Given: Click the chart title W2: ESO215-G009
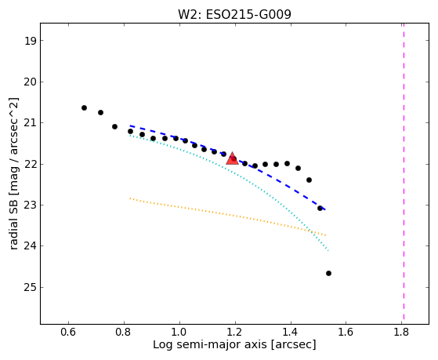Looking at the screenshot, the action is tap(234, 15).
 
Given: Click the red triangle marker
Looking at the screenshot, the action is tap(232, 158).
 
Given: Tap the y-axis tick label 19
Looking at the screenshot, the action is tap(31, 41).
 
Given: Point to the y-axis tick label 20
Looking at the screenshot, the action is tap(31, 82).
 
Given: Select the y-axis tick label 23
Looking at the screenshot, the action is tap(31, 205).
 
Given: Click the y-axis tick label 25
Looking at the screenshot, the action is tap(31, 288).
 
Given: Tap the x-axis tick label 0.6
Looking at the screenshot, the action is tap(68, 332).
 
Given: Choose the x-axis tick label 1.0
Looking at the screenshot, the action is tap(179, 332).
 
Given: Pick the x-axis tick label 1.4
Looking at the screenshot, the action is tap(291, 332).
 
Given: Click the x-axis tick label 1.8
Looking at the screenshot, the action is tap(401, 332).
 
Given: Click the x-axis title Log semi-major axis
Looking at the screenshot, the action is tap(210, 344).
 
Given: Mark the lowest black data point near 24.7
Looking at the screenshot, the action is tap(328, 273).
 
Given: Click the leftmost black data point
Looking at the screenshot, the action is tap(84, 107).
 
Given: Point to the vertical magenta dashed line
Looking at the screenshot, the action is tap(404, 171).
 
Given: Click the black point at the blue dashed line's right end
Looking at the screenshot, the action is tap(320, 208).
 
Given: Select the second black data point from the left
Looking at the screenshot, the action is tap(100, 112).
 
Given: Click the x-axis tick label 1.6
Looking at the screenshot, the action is tap(346, 332).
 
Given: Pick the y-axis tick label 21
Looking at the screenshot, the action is tap(31, 123).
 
